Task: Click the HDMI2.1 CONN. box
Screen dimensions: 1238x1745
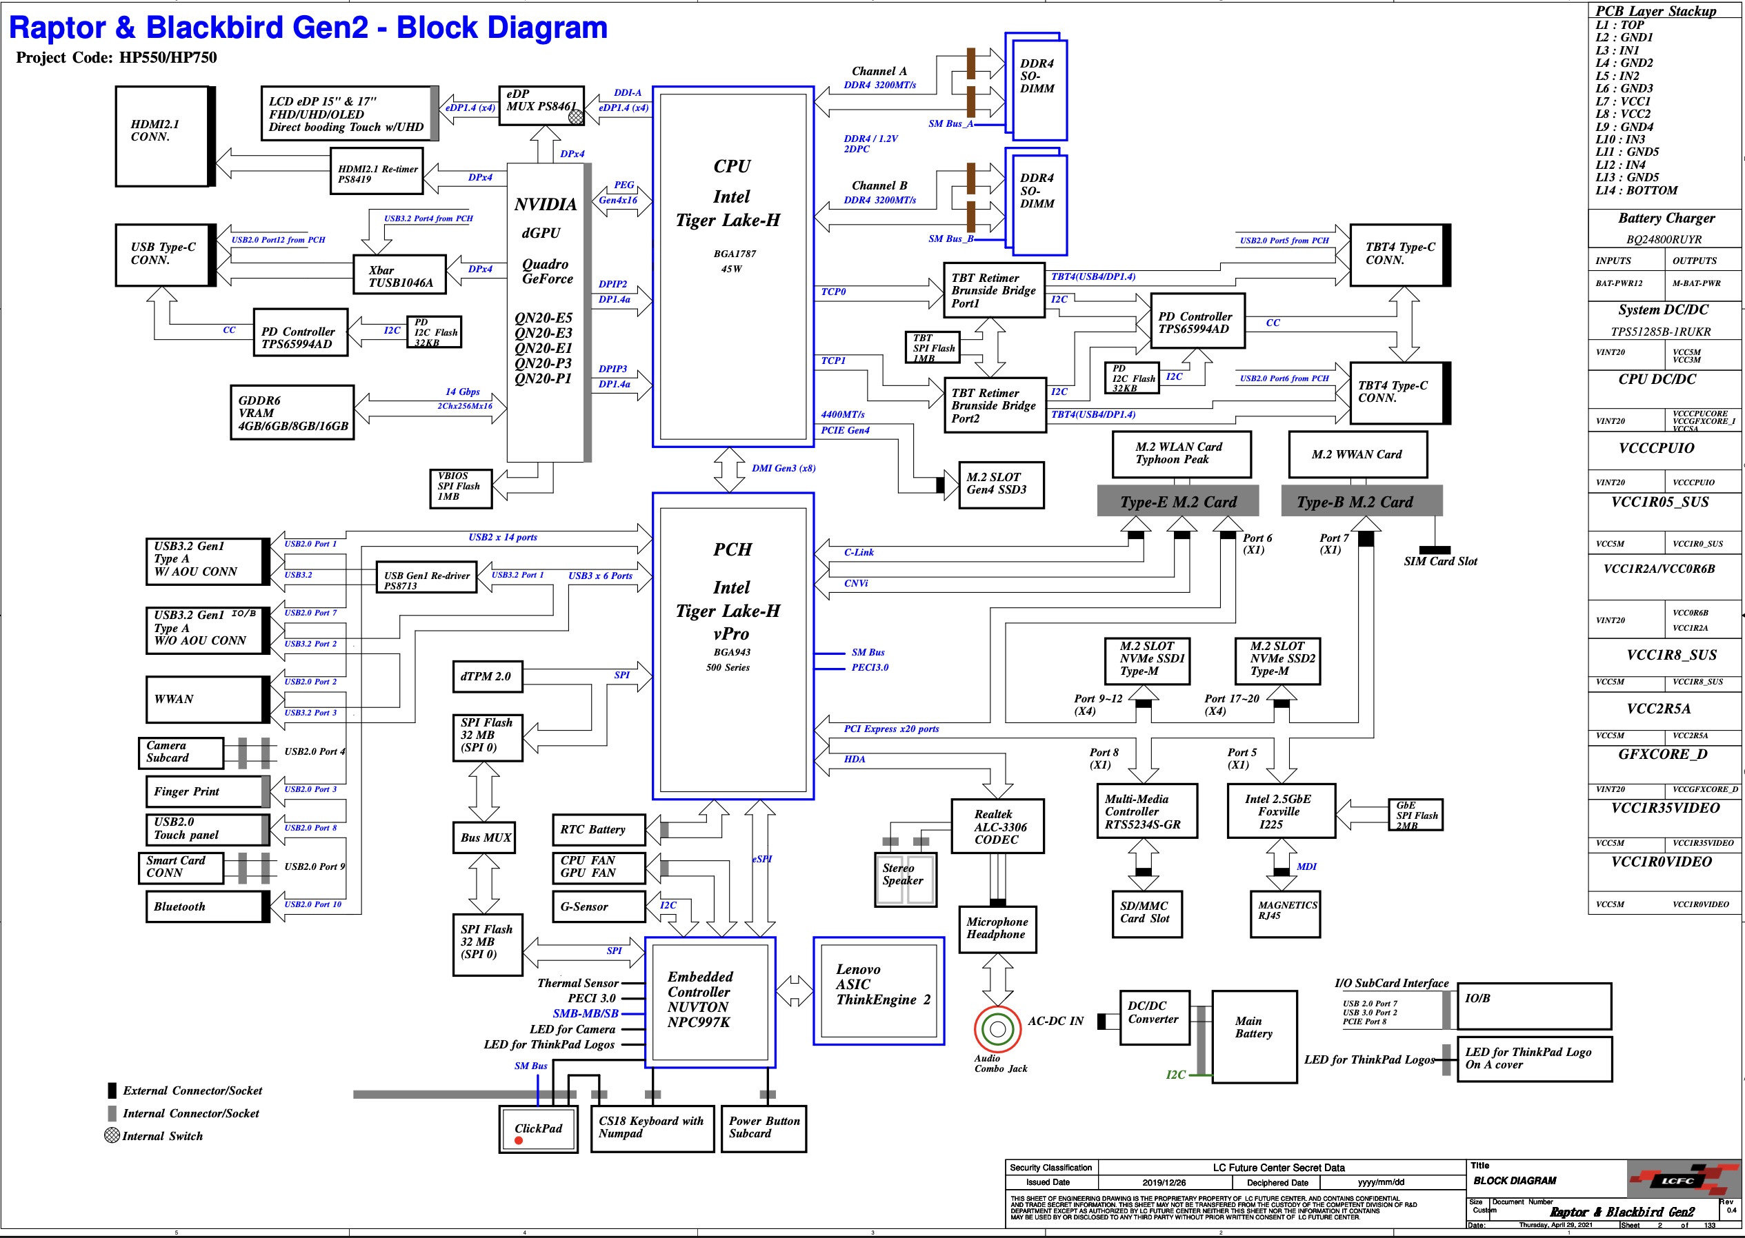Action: coord(161,136)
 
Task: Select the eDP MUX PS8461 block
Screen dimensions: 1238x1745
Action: coord(541,106)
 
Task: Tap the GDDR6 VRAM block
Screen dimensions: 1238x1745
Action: coord(292,412)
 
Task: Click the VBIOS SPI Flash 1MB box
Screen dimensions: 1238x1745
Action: coord(460,488)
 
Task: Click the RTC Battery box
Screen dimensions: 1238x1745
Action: coord(598,829)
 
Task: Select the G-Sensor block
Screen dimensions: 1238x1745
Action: coord(598,906)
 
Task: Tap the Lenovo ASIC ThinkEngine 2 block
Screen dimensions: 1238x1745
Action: coord(879,991)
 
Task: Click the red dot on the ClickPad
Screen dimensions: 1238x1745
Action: coord(519,1140)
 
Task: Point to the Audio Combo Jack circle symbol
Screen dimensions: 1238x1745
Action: coord(997,1029)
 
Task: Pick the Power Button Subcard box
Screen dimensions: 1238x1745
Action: coord(764,1128)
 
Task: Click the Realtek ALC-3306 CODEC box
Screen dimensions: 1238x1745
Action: coord(997,826)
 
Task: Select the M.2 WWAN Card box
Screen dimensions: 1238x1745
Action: coord(1357,454)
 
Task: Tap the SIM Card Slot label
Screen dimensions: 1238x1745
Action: coord(1440,561)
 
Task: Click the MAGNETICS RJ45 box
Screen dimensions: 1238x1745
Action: coord(1285,914)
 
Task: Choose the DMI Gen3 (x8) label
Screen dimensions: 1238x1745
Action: coord(784,468)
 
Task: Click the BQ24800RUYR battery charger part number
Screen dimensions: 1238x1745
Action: coord(1664,239)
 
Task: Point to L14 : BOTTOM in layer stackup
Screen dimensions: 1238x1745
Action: coord(1636,190)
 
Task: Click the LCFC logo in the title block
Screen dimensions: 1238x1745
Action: coord(1678,1181)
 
